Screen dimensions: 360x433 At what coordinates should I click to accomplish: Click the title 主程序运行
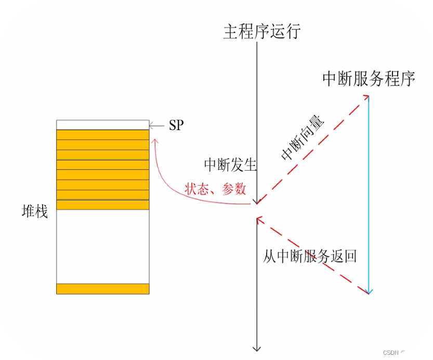pyautogui.click(x=261, y=31)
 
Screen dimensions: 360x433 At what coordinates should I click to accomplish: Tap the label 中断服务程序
pyautogui.click(x=369, y=79)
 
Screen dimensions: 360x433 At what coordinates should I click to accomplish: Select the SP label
pyautogui.click(x=176, y=125)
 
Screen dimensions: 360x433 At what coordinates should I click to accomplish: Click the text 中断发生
pyautogui.click(x=230, y=165)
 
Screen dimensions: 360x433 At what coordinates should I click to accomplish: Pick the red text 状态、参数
pyautogui.click(x=215, y=189)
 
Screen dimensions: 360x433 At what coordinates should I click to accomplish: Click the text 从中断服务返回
pyautogui.click(x=310, y=256)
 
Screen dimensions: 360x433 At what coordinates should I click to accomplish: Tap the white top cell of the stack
pyautogui.click(x=103, y=125)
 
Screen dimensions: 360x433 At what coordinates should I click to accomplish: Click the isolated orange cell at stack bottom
pyautogui.click(x=103, y=289)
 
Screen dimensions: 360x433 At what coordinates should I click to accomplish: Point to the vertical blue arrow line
pyautogui.click(x=369, y=192)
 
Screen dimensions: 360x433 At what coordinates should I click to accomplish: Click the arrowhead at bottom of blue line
pyautogui.click(x=369, y=291)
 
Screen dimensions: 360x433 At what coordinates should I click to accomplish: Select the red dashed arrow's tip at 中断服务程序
pyautogui.click(x=366, y=97)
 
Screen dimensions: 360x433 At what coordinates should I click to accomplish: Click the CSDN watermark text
pyautogui.click(x=404, y=352)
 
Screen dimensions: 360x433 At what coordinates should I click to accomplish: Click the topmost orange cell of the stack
pyautogui.click(x=103, y=135)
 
